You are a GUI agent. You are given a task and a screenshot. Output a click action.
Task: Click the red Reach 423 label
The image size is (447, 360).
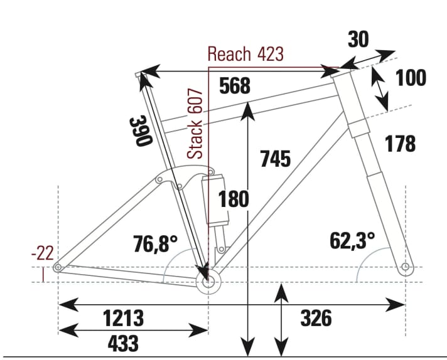245,54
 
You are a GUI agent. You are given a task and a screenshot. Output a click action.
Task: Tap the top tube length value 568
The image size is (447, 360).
235,87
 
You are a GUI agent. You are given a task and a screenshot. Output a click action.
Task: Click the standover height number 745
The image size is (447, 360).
276,159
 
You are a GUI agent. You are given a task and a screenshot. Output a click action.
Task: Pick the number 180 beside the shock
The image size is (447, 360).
234,199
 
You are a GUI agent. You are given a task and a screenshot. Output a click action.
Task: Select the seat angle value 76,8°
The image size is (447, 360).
156,243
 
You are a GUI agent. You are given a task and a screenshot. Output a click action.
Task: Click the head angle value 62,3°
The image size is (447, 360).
353,240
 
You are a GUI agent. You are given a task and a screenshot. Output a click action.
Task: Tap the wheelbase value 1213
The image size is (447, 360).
123,318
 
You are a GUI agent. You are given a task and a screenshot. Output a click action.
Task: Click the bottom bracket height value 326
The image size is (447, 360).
315,318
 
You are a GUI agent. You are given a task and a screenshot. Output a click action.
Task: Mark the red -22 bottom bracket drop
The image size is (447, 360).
43,254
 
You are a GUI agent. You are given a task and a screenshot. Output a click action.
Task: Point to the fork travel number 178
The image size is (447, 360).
400,144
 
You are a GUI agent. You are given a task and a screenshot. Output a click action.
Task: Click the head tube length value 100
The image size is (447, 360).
411,78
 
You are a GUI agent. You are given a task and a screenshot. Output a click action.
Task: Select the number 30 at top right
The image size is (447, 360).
358,40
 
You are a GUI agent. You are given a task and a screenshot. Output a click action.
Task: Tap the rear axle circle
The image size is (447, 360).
58,268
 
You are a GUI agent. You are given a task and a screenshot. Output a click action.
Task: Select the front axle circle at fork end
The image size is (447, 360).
405,268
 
